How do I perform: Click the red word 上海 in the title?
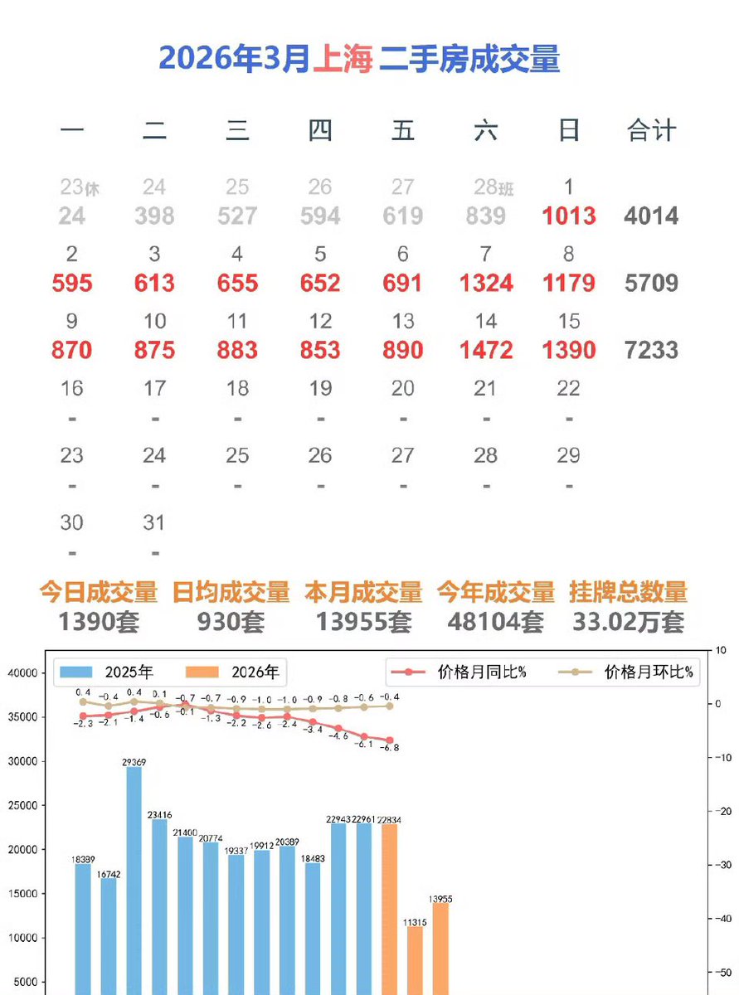(343, 59)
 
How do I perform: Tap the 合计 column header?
(651, 130)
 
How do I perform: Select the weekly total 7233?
(651, 350)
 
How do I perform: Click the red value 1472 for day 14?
(485, 350)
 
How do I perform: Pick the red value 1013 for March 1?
(568, 216)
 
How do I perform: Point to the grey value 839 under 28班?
(485, 216)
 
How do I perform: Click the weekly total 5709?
(651, 284)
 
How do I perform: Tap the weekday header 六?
(485, 130)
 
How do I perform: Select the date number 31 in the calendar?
(154, 523)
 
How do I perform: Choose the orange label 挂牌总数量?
(628, 592)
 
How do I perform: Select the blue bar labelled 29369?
(134, 879)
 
